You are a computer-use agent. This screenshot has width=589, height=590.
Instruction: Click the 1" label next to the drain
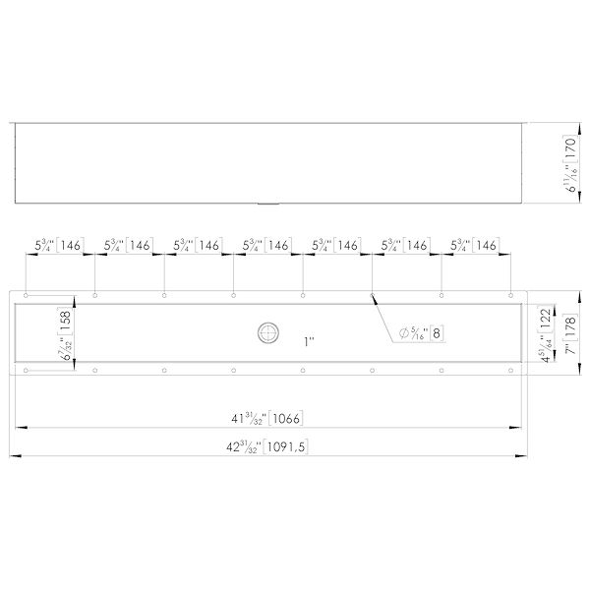pos(309,341)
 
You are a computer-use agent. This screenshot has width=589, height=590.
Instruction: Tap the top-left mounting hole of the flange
pos(27,295)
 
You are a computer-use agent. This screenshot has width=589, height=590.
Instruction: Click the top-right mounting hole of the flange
pos(511,295)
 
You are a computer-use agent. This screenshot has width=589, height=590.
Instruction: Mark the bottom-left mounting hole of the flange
pos(27,371)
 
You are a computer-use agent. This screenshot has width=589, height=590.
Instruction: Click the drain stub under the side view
pos(266,204)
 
